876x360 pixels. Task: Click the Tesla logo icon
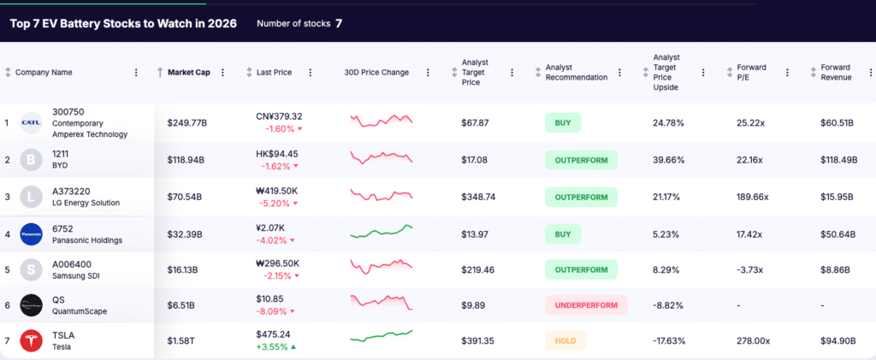coord(32,340)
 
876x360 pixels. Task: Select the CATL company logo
coord(32,122)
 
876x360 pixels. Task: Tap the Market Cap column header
coord(188,73)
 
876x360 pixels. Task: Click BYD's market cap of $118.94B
coord(186,159)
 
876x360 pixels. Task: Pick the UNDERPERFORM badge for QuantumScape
coord(586,304)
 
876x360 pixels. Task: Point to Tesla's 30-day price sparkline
coord(382,337)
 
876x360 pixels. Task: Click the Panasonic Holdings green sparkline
coord(382,231)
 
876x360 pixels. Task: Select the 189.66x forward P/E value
coord(753,197)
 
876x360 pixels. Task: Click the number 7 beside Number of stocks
coord(339,23)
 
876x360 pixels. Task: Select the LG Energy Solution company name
coord(86,203)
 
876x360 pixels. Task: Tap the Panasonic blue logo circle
coord(32,233)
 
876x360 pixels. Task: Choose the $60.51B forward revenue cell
coord(837,122)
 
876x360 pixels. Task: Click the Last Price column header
coord(274,73)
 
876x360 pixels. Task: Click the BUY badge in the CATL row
coord(563,122)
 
